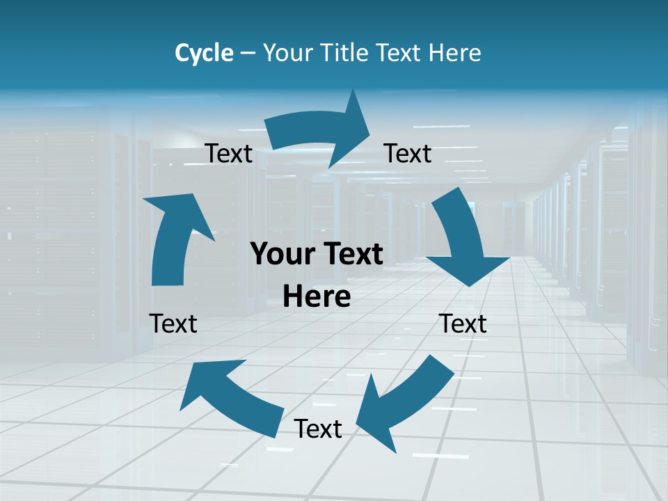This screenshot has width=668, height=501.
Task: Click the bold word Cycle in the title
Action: point(204,53)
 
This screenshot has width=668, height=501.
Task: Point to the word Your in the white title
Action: point(287,53)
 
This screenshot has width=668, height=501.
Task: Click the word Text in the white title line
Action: point(400,53)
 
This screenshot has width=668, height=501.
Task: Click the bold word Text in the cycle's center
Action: point(351,255)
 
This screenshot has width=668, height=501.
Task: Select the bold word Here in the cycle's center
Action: point(317,297)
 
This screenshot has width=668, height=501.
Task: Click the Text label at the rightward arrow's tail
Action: point(229,154)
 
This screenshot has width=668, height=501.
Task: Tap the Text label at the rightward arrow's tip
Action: point(408,153)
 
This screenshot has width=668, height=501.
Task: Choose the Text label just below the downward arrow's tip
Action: point(463,324)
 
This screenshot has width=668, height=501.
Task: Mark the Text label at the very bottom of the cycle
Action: point(318,429)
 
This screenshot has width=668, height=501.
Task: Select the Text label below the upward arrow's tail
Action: point(173,324)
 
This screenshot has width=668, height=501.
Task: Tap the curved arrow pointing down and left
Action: point(404,400)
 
